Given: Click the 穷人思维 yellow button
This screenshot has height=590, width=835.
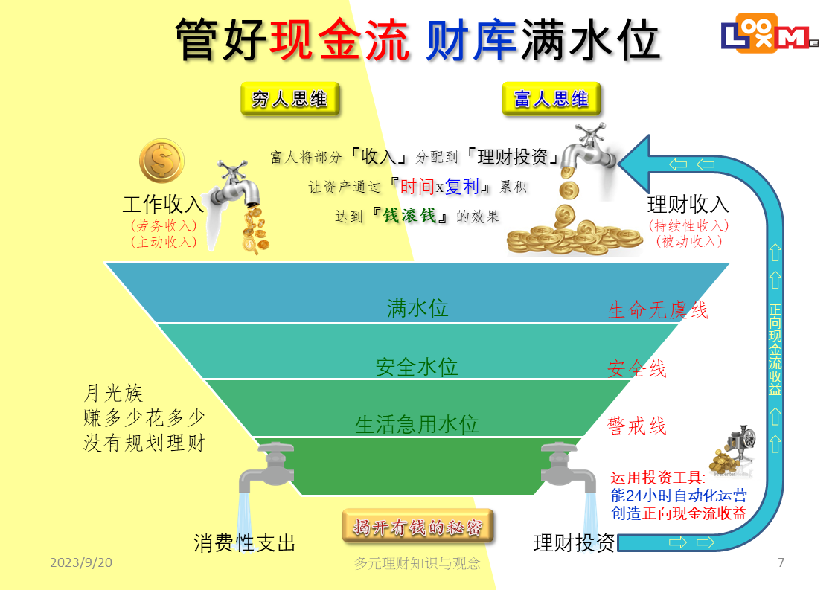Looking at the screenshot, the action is pyautogui.click(x=289, y=98).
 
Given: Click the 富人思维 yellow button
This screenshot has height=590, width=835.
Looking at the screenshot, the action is pyautogui.click(x=551, y=98).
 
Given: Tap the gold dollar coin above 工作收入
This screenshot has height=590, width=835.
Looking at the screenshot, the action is pyautogui.click(x=162, y=160).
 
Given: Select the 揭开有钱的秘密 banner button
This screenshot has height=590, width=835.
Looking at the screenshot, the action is pyautogui.click(x=418, y=527).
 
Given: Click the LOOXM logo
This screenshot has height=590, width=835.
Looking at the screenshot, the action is pyautogui.click(x=770, y=33).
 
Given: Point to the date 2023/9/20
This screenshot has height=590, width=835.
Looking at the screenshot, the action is pyautogui.click(x=81, y=562).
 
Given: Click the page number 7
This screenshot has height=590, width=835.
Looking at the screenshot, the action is pyautogui.click(x=781, y=562).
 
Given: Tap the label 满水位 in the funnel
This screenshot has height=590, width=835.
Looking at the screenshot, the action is pyautogui.click(x=418, y=308).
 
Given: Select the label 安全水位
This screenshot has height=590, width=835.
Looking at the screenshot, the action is pyautogui.click(x=417, y=367).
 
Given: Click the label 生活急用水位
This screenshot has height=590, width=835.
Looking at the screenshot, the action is pyautogui.click(x=417, y=424).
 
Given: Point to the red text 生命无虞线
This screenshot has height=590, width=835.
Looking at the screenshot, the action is pyautogui.click(x=658, y=310).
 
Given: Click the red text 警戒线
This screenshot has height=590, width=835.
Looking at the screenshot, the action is pyautogui.click(x=637, y=426).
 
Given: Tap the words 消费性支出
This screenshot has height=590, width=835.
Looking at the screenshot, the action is pyautogui.click(x=244, y=542).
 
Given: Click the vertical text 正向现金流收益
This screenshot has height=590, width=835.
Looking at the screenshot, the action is pyautogui.click(x=775, y=350).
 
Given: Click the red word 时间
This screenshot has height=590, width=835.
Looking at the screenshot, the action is pyautogui.click(x=417, y=186).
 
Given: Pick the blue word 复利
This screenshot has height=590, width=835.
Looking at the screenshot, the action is pyautogui.click(x=461, y=186).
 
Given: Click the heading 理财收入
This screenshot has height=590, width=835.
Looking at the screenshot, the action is pyautogui.click(x=688, y=204).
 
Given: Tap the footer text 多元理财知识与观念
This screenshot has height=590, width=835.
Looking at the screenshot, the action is pyautogui.click(x=418, y=562).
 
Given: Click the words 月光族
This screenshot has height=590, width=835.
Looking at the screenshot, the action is pyautogui.click(x=113, y=393).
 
